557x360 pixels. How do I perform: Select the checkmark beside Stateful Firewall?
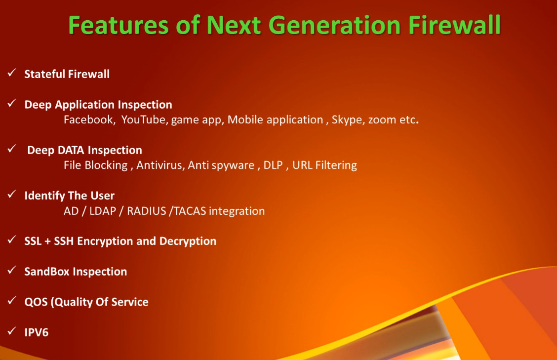[12, 73]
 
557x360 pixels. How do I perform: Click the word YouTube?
[144, 120]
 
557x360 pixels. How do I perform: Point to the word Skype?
[348, 120]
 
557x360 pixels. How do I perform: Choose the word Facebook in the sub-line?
[88, 120]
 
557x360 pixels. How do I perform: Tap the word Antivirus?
[159, 165]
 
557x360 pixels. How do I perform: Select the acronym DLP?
[273, 165]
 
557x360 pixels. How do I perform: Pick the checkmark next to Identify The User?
[12, 195]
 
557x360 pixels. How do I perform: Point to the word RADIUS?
[146, 211]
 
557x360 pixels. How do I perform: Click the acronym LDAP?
[103, 211]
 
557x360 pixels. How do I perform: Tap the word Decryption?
[188, 241]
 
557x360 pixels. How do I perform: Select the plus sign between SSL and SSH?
[47, 241]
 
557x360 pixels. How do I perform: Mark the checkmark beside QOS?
[12, 301]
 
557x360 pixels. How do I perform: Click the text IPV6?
[36, 333]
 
